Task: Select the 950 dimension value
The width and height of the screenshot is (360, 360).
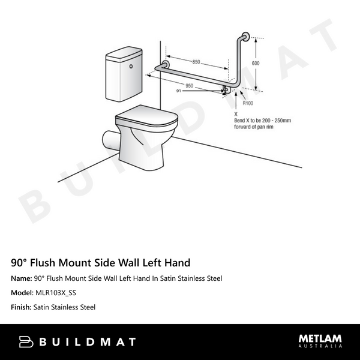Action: (x=189, y=86)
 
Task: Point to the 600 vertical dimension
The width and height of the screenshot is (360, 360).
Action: (x=256, y=63)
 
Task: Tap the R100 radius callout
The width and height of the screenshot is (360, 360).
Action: (x=247, y=103)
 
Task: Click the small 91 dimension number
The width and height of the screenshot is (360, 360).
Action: (x=179, y=91)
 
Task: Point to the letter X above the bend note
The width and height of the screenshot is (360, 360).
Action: (x=236, y=113)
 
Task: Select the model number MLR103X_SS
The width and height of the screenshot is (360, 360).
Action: (x=55, y=293)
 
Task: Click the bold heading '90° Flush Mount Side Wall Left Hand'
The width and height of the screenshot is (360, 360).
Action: (x=101, y=263)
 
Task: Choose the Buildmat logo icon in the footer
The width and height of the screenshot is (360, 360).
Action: (x=26, y=342)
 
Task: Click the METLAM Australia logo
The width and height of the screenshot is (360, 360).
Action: (x=320, y=341)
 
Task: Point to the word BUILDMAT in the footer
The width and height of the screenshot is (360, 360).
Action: (x=88, y=342)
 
